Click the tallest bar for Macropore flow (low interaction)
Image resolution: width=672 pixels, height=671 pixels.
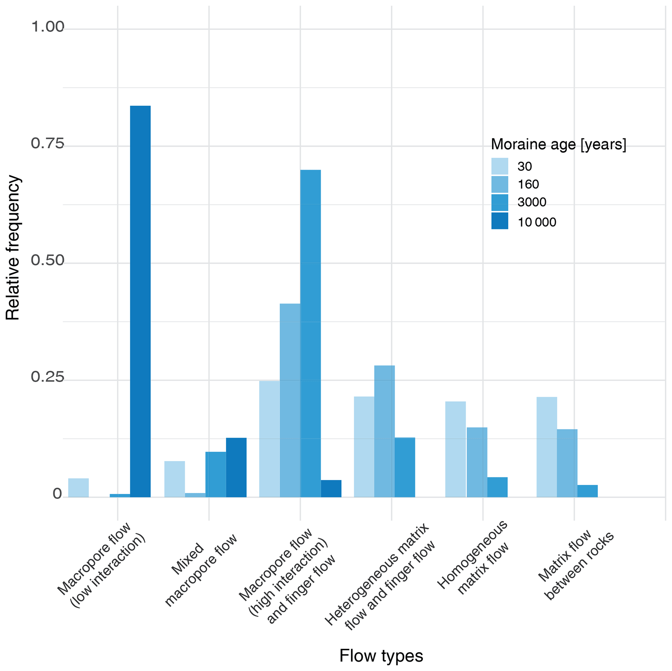[140, 301]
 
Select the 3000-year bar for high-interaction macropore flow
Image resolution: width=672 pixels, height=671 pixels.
[310, 333]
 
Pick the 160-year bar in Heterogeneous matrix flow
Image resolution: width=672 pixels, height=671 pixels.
[384, 431]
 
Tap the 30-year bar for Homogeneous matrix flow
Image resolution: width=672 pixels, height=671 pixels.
[455, 449]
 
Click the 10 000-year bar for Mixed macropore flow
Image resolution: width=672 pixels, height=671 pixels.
[236, 467]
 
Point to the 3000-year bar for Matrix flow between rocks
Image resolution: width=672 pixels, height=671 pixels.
[587, 491]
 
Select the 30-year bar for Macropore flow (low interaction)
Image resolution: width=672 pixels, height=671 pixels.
[78, 487]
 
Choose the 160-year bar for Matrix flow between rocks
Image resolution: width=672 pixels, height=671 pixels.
[567, 463]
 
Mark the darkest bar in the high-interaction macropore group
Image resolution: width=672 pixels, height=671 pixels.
[331, 488]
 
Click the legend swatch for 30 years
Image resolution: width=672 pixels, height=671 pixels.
[499, 166]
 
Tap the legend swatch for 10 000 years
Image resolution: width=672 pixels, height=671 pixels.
[499, 221]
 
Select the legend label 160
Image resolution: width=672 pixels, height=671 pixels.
[528, 184]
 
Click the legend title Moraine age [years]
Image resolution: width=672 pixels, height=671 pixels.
[558, 144]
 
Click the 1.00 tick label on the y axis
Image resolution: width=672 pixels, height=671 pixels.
[48, 27]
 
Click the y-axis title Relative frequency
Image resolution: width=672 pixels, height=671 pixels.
[13, 248]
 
